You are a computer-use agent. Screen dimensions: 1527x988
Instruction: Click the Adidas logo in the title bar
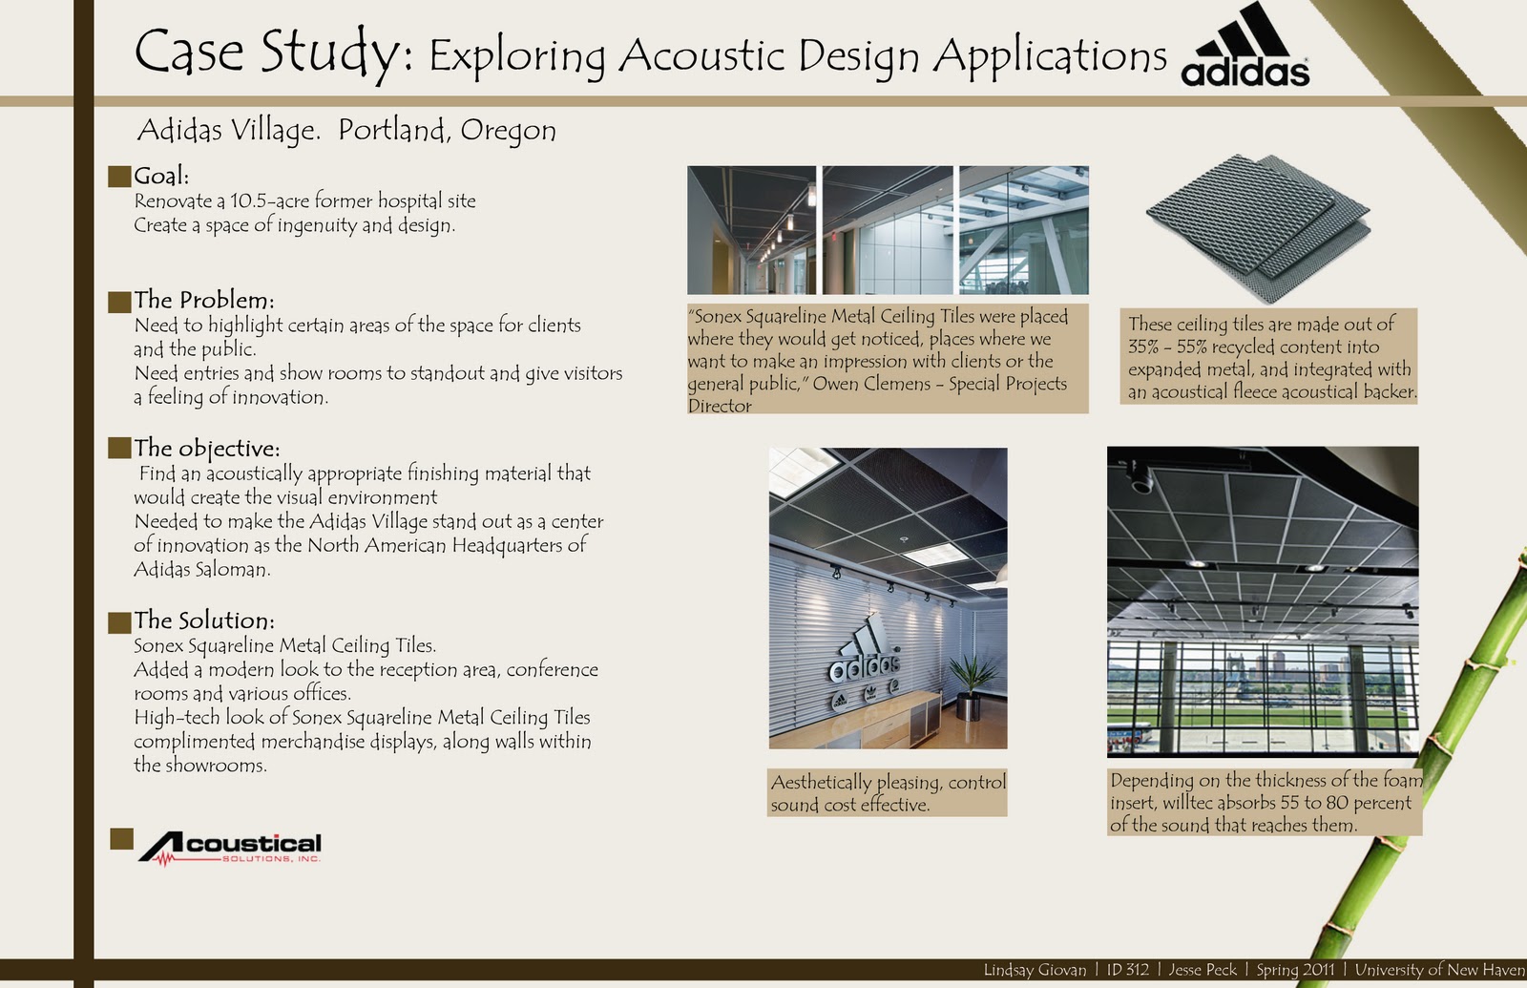[1245, 45]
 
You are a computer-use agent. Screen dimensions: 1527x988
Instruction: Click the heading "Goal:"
[161, 176]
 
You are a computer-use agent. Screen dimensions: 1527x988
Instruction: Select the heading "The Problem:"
[204, 300]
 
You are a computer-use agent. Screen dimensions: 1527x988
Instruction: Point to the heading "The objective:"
[206, 448]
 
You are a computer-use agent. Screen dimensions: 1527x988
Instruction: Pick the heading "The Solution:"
[204, 620]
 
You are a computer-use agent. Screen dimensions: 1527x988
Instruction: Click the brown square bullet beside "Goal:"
[119, 176]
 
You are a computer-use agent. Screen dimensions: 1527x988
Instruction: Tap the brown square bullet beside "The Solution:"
[119, 621]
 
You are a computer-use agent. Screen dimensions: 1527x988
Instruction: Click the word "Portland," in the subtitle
[392, 130]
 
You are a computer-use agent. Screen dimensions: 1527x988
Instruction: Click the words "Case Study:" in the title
[273, 53]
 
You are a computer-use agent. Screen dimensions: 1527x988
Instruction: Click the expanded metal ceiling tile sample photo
[1259, 228]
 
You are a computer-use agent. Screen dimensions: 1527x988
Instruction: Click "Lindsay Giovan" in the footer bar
[1035, 970]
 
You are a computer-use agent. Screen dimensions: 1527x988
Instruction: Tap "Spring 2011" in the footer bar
[1295, 970]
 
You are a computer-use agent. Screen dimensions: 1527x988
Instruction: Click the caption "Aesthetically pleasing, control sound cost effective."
[888, 793]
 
